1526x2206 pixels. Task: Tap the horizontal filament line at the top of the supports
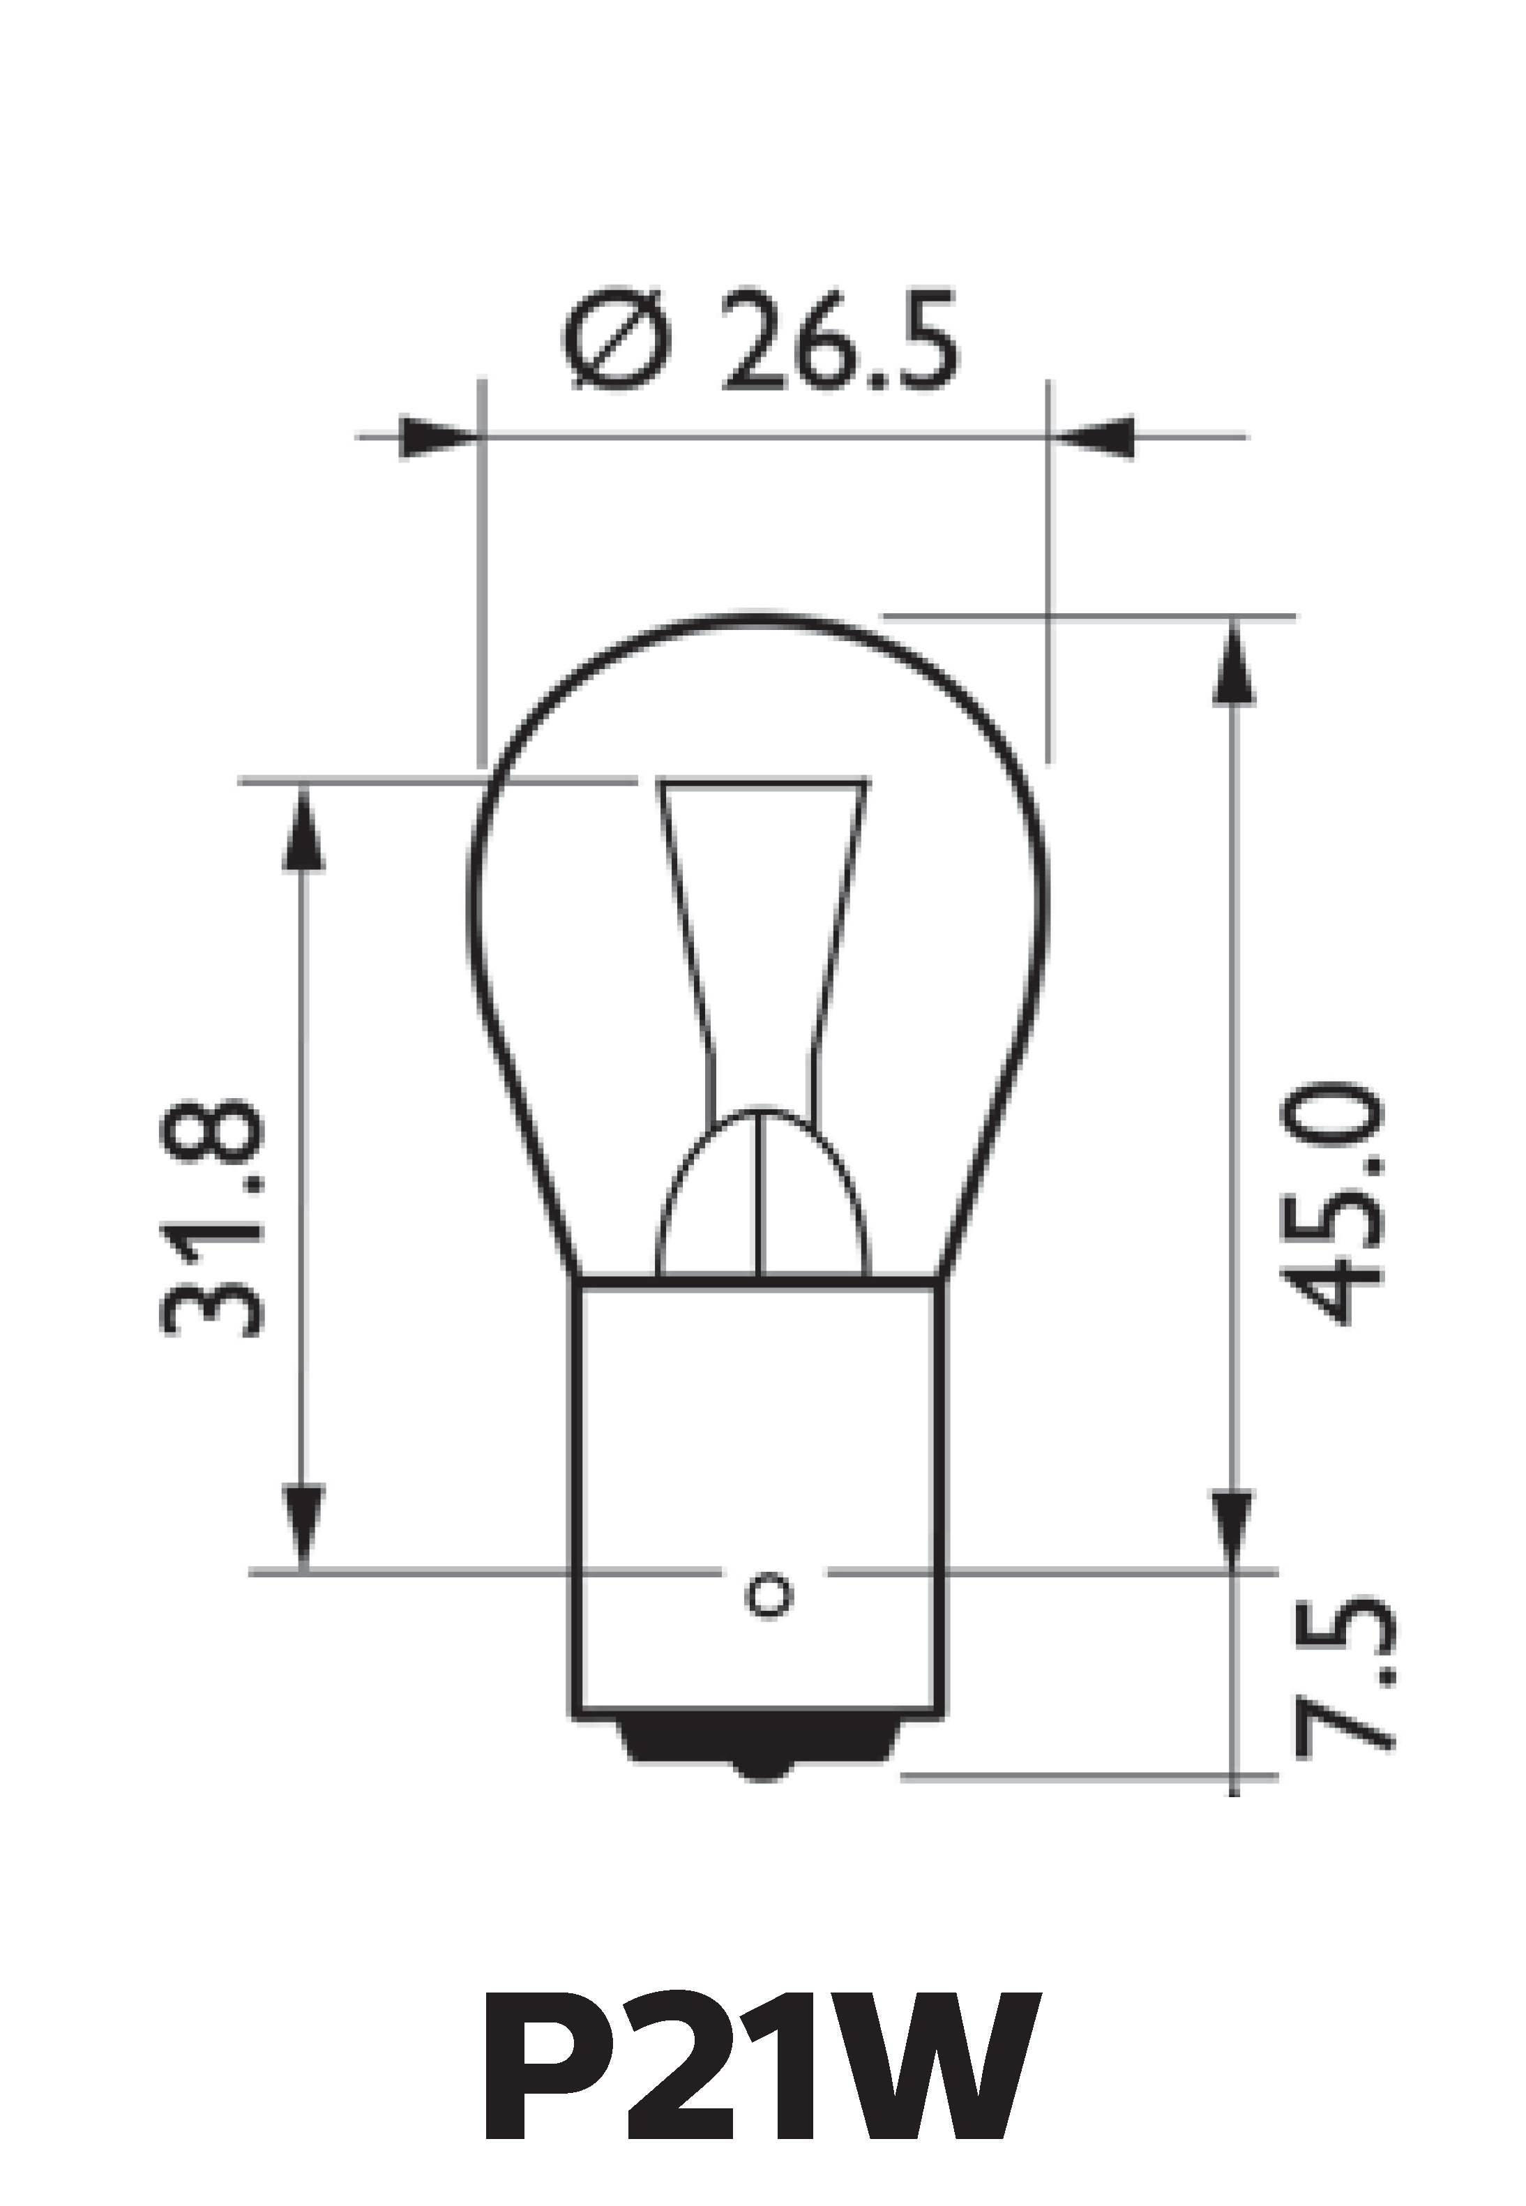tap(763, 784)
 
